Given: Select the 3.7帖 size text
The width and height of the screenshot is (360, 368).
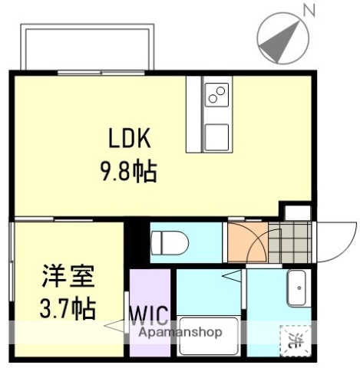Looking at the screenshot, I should tap(67, 309).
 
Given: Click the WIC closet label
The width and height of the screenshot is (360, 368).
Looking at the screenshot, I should tap(147, 316).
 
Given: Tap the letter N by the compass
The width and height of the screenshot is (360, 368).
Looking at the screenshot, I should tap(309, 11).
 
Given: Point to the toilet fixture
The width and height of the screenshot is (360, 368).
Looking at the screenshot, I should tap(170, 243).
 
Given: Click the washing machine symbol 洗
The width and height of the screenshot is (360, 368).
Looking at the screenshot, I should tap(295, 337).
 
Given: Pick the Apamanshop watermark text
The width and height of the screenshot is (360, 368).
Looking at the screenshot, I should tap(180, 333).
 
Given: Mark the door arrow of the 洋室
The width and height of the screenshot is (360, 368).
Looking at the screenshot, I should tap(115, 327).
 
